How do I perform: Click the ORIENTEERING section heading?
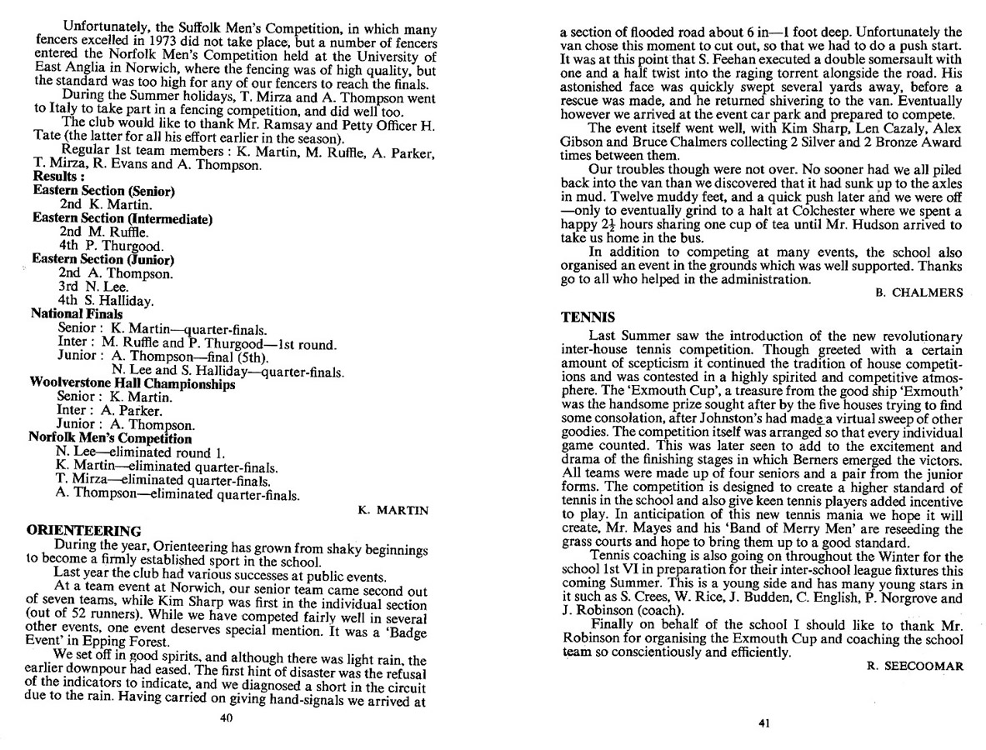[x=83, y=529]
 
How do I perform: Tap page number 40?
[x=224, y=717]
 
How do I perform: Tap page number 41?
[x=763, y=722]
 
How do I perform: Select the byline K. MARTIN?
[x=393, y=510]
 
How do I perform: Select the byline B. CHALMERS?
[x=920, y=292]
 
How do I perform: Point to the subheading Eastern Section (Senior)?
[x=103, y=191]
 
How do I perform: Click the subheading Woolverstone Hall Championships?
[x=132, y=384]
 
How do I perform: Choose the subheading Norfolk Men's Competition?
[x=110, y=437]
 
